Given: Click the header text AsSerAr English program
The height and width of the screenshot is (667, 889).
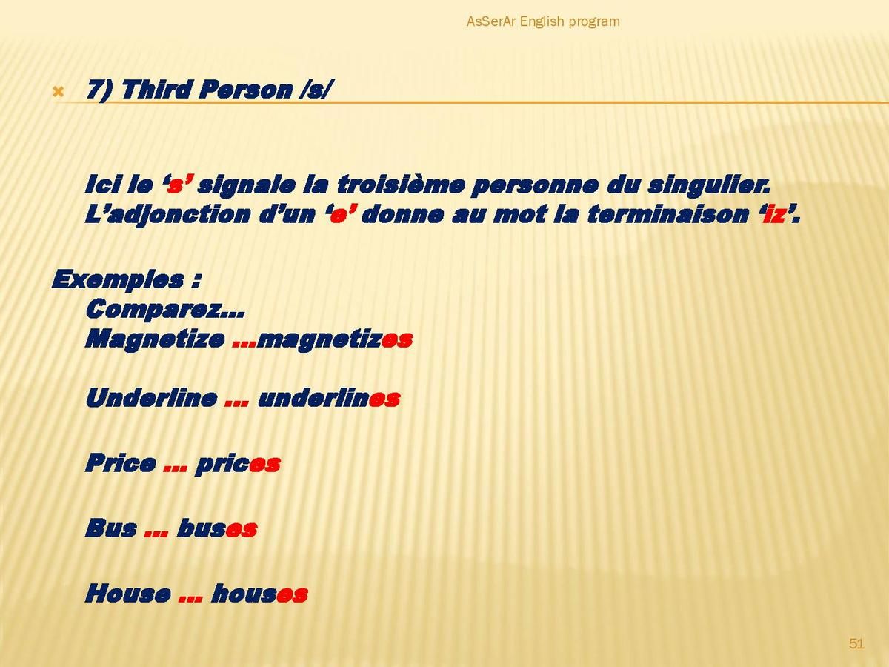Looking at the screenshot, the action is click(x=543, y=21).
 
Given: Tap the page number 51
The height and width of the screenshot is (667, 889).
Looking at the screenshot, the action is click(x=856, y=643).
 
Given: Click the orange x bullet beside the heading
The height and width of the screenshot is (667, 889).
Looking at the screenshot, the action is click(x=59, y=93).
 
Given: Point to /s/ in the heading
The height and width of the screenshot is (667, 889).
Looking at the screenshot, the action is click(x=314, y=90).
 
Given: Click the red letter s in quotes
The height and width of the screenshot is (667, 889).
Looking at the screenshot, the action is click(x=175, y=186).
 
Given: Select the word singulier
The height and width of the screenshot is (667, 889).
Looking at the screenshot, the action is click(x=708, y=185).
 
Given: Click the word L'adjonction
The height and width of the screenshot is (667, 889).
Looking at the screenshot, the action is click(x=167, y=215).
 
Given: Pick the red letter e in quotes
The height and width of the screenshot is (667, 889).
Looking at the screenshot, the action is click(x=338, y=216).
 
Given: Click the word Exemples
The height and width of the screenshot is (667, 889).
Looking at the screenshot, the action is click(x=118, y=280).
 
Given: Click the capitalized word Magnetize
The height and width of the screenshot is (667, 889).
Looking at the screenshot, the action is click(x=155, y=339).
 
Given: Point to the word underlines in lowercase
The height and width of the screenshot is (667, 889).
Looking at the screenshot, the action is click(x=329, y=398).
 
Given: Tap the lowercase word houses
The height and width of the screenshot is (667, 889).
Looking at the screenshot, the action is click(x=259, y=594).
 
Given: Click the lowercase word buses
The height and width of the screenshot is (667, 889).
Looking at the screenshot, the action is click(x=217, y=528).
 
